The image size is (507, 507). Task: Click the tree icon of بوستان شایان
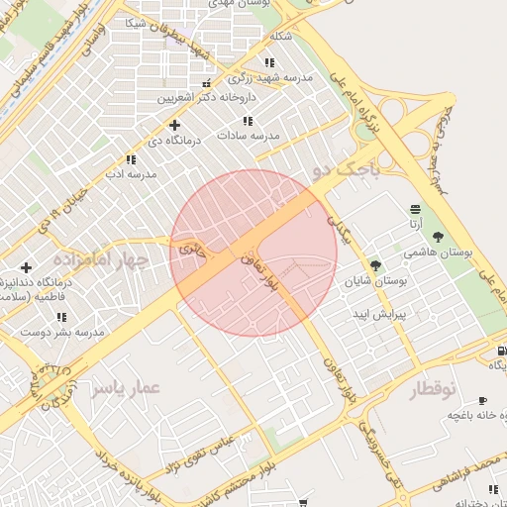point(375,264)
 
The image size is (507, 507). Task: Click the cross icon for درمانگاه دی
point(175,125)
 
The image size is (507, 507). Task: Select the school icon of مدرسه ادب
point(131,159)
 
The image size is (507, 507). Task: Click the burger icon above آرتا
point(414,209)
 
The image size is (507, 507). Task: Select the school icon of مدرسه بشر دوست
point(61,317)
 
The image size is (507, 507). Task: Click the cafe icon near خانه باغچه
point(482,400)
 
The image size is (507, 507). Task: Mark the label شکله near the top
point(281,38)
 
